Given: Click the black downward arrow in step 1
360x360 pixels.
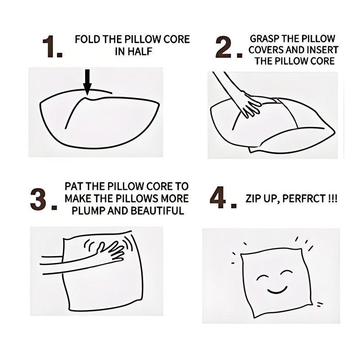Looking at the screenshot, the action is pos(87,82).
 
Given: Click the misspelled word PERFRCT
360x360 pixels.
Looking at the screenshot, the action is pos(304,198).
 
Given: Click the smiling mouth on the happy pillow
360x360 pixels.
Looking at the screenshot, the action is pos(277,290).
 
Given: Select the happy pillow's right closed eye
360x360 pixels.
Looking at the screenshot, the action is pos(287,272).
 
